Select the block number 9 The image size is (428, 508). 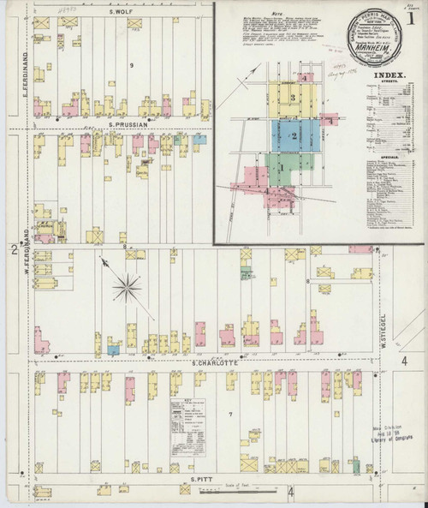coord(131,66)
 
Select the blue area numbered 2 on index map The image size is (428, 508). coord(294,136)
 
